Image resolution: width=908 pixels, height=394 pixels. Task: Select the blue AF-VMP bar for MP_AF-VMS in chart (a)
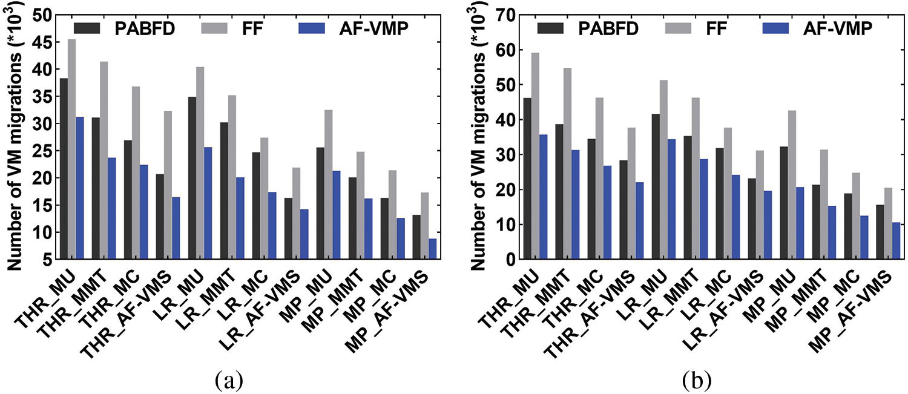tap(432, 249)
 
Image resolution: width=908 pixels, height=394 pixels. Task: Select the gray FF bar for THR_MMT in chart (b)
tap(568, 163)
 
